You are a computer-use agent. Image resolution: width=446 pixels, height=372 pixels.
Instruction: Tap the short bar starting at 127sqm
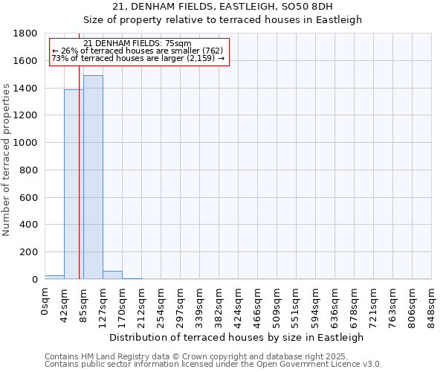(x=112, y=275)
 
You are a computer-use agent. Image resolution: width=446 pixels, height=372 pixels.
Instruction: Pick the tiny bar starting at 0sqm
(x=54, y=277)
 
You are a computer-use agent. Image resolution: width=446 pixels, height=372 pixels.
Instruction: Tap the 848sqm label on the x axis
(x=431, y=305)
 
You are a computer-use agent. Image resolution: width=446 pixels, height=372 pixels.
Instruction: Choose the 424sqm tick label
(x=238, y=305)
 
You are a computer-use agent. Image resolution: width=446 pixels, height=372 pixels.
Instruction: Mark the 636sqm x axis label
(x=334, y=305)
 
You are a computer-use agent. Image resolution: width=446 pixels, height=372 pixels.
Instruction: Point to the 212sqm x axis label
(x=141, y=305)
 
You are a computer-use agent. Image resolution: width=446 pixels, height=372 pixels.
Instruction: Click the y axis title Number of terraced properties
(x=7, y=160)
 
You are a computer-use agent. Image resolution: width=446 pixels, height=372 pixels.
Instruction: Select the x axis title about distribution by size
(x=237, y=337)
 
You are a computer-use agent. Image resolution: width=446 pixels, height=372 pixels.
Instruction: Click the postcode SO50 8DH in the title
(x=306, y=7)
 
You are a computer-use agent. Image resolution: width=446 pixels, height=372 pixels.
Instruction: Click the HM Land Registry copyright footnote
(x=212, y=356)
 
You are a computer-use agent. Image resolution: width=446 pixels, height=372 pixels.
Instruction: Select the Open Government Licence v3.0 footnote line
(x=213, y=365)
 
